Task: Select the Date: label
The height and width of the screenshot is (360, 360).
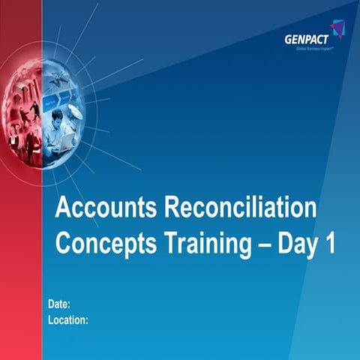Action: [59, 304]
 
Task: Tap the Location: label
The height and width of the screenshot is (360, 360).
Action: [68, 319]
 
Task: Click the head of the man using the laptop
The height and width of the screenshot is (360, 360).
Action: [57, 116]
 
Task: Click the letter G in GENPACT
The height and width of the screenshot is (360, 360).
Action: [287, 41]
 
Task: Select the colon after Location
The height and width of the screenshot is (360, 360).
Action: [87, 320]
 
